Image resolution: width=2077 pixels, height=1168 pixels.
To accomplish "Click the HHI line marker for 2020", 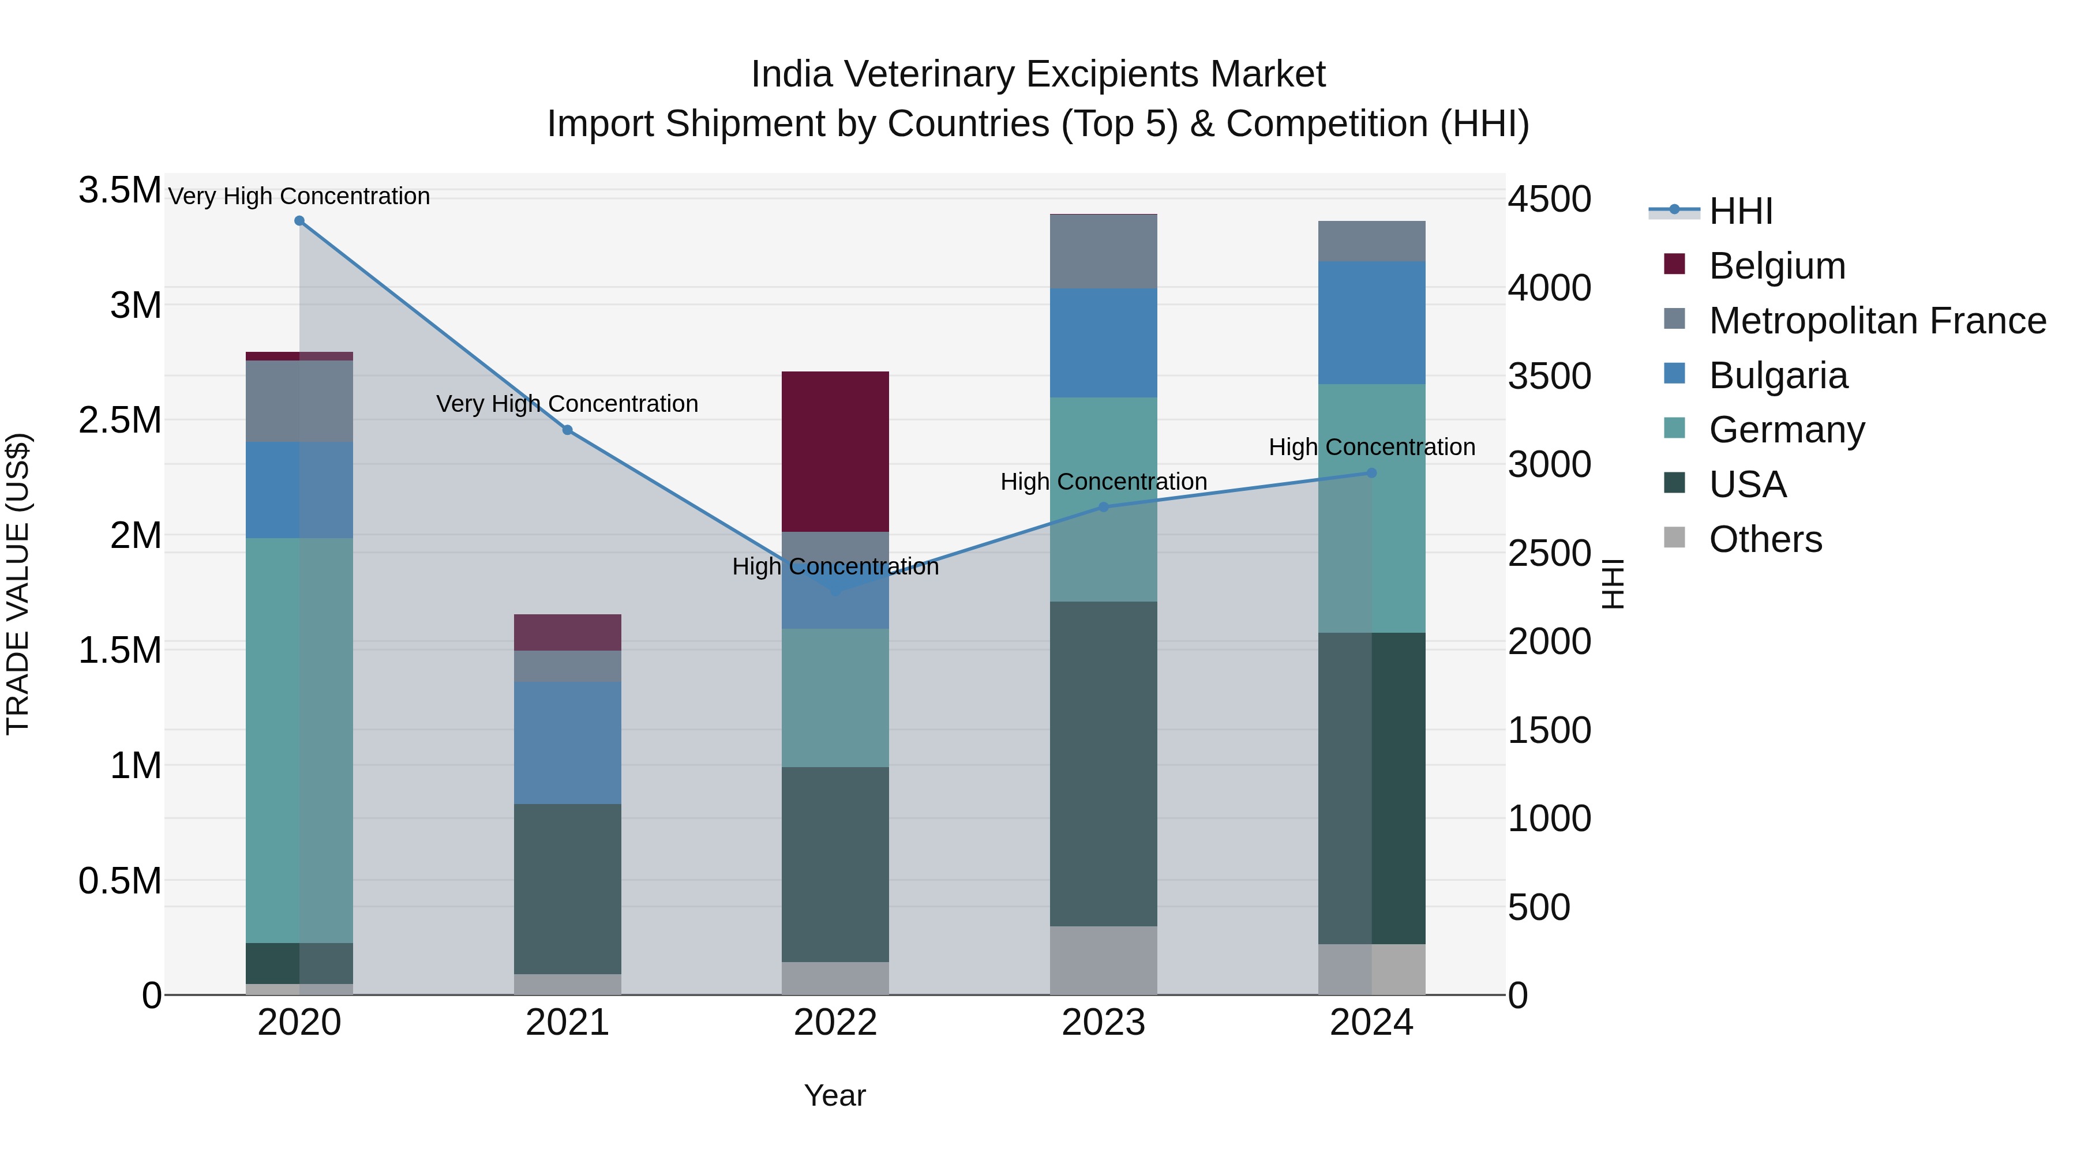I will [299, 221].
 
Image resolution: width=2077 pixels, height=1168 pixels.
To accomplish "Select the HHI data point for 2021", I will [568, 430].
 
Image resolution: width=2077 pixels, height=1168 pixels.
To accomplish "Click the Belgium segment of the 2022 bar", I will [835, 452].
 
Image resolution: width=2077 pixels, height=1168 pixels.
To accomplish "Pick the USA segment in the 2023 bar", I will [1103, 763].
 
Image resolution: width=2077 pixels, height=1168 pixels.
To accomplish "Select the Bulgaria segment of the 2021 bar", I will [568, 742].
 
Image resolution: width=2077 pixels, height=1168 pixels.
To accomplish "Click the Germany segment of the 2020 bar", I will [299, 740].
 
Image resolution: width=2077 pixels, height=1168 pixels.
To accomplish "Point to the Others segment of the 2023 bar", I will [1103, 960].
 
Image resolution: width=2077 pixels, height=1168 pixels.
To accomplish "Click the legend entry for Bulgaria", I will [1778, 375].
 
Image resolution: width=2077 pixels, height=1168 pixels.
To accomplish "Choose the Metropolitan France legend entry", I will [1877, 321].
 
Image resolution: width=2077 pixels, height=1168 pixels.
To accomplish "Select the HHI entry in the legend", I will [1740, 211].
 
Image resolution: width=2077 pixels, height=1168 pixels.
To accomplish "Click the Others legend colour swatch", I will [1675, 538].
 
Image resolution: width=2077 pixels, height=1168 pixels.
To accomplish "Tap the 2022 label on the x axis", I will [835, 1023].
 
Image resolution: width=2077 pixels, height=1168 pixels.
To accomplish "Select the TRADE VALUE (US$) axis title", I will [18, 584].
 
